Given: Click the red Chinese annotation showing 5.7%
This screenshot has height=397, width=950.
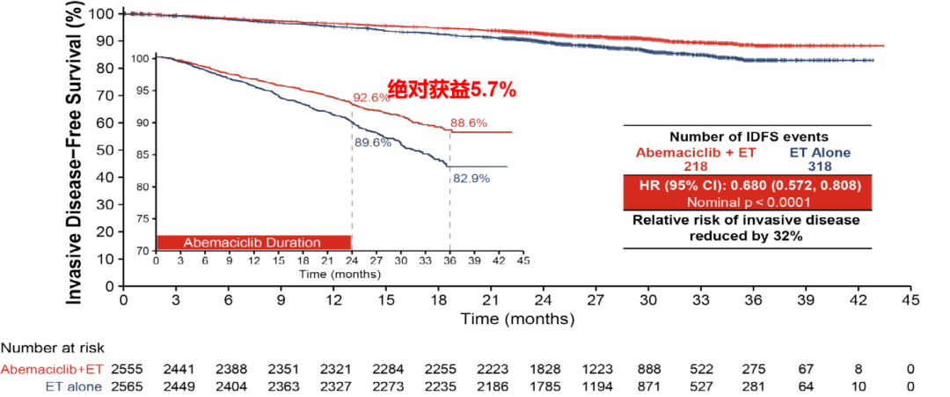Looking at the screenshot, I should tap(451, 89).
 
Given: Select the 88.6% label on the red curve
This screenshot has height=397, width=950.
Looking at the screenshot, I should tap(468, 123).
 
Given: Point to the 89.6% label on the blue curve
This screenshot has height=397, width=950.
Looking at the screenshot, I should tap(372, 143).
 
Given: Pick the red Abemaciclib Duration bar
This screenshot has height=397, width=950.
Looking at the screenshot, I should tap(253, 242).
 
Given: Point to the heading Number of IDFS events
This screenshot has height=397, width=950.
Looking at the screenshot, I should tap(748, 137).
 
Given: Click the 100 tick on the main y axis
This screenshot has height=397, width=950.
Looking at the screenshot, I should tap(103, 14).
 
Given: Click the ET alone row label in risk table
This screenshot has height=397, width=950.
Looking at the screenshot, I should tap(73, 386).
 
